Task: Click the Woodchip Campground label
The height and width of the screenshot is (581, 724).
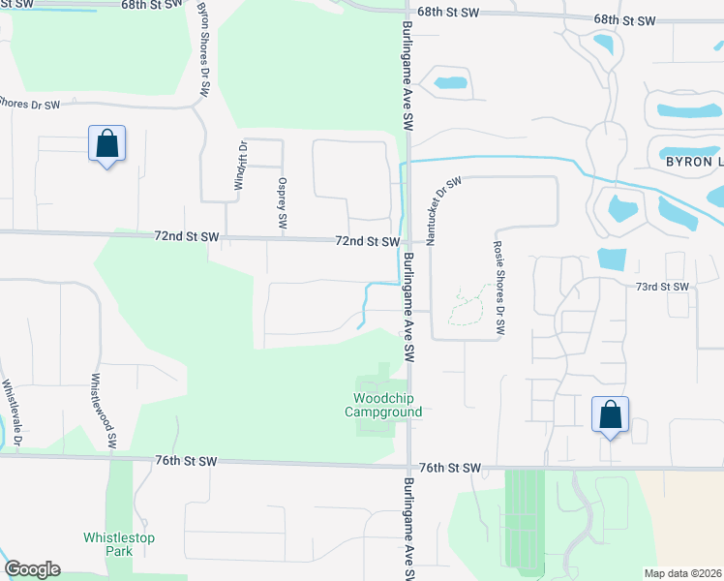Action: pyautogui.click(x=387, y=405)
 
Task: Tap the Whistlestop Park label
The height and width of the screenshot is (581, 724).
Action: pyautogui.click(x=119, y=544)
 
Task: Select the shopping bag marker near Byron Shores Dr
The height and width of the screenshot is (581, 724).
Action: pyautogui.click(x=106, y=145)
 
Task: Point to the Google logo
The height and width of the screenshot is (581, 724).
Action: pyautogui.click(x=32, y=569)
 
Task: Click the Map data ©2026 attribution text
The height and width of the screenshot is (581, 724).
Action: pyautogui.click(x=682, y=573)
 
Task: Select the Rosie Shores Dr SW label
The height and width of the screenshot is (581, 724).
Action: pyautogui.click(x=498, y=289)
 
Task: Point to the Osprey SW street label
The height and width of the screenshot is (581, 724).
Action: pyautogui.click(x=283, y=203)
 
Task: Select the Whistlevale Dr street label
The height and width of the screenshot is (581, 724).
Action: pyautogui.click(x=10, y=413)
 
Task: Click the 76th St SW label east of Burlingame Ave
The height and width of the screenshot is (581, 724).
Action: pyautogui.click(x=456, y=469)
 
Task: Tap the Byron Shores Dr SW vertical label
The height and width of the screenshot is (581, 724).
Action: pyautogui.click(x=203, y=47)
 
